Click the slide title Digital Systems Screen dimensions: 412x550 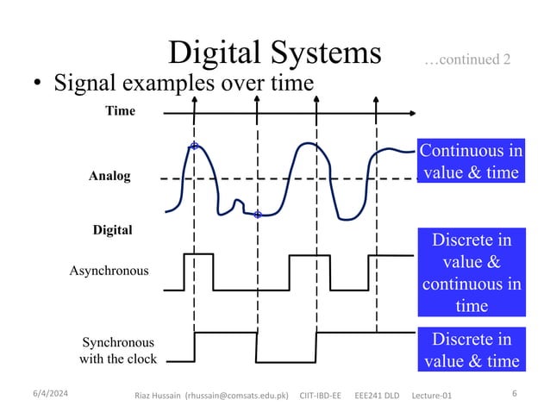[x=275, y=53]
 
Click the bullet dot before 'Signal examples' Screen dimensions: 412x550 [x=37, y=84]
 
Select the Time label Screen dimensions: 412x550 [x=120, y=111]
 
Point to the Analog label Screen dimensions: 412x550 [x=109, y=177]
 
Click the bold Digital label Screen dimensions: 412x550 [x=112, y=230]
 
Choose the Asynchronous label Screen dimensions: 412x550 [x=108, y=271]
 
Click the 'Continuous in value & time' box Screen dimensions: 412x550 [x=470, y=161]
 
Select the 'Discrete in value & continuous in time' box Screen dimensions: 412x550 [x=470, y=272]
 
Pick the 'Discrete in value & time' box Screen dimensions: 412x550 [x=470, y=349]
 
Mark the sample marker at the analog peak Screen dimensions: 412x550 [x=195, y=146]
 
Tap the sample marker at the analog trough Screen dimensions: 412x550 [x=258, y=213]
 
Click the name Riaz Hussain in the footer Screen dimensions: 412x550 [x=159, y=395]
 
